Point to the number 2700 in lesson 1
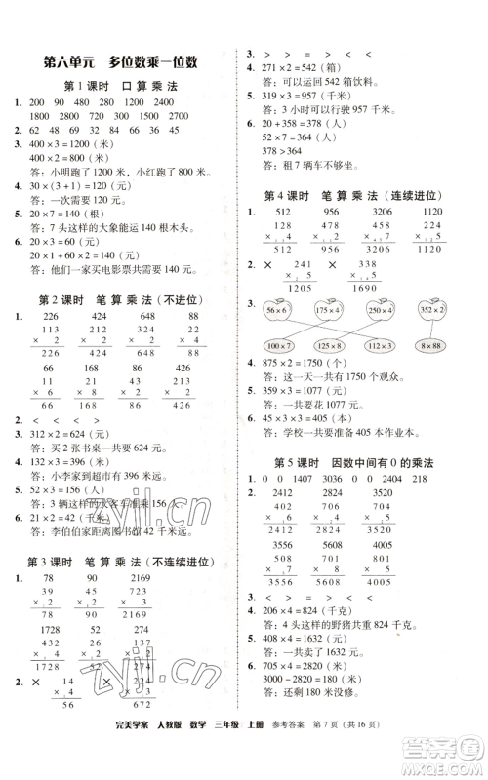pyautogui.click(x=190, y=115)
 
